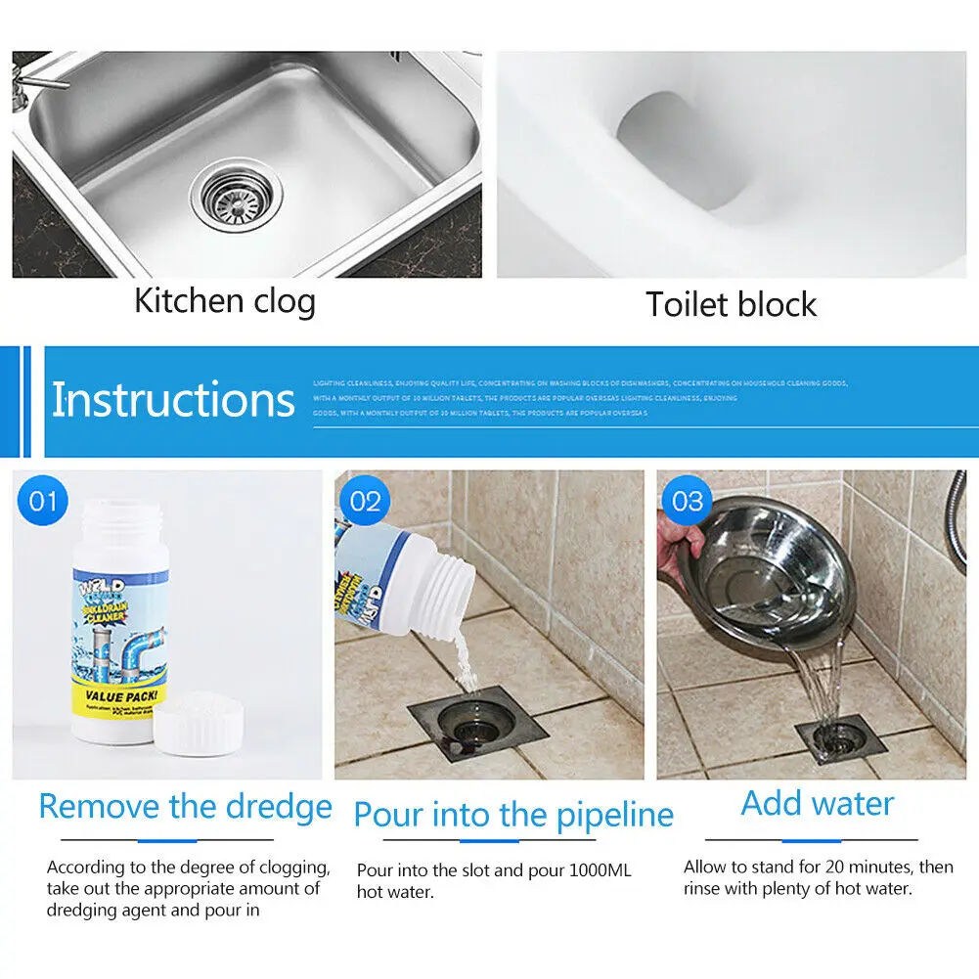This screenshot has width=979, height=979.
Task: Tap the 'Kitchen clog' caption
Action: [225, 300]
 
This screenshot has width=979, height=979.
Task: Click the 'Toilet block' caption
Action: [731, 304]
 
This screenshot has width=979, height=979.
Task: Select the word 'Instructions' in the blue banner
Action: [172, 400]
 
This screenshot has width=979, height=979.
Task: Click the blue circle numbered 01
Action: [42, 502]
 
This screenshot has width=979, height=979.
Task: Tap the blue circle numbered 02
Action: [364, 502]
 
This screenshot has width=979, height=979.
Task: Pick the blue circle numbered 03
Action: [688, 502]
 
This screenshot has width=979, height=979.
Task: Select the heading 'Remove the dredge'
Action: [185, 807]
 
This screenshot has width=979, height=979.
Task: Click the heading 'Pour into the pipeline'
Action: [512, 815]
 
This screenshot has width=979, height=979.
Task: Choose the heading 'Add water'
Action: [817, 803]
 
